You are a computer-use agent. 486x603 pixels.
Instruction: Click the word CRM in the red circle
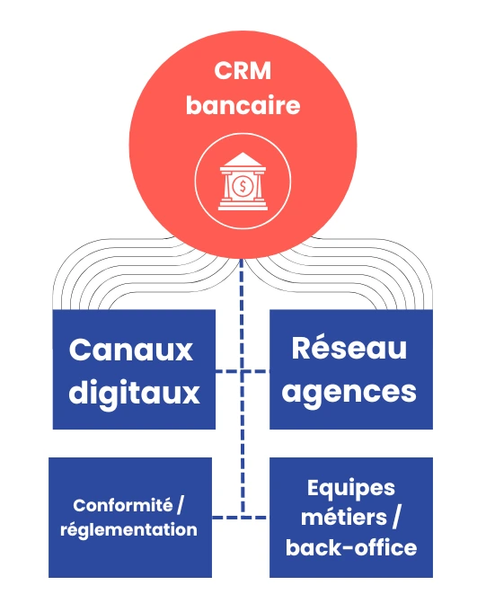243,71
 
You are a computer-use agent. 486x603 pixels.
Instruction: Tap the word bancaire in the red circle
243,105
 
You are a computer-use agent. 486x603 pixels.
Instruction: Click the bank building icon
243,182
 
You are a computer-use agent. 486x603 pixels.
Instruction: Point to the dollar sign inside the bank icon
243,187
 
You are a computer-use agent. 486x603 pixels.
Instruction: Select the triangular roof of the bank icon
243,162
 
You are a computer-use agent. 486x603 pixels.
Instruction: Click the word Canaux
131,350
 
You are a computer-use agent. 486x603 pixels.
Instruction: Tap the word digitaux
134,393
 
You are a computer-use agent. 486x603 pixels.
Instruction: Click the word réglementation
128,529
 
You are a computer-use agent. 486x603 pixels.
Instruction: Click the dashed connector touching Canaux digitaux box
228,370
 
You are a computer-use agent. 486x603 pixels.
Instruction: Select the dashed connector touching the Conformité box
226,518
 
